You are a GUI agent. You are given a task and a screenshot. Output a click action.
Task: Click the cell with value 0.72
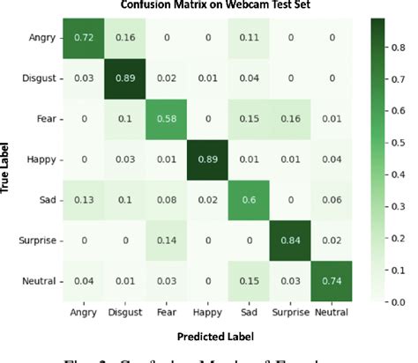[82, 39]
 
